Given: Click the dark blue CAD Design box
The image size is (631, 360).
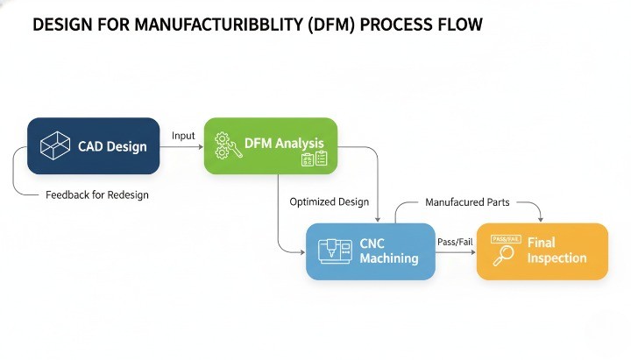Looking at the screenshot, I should (93, 145).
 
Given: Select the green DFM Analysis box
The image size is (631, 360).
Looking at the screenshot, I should (270, 145).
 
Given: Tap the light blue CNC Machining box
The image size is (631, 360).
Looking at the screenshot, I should (370, 251).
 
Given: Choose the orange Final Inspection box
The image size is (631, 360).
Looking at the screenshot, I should (542, 251).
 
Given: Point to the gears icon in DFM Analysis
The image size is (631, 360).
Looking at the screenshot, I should (225, 144).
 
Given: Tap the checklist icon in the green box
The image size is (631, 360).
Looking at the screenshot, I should (313, 159).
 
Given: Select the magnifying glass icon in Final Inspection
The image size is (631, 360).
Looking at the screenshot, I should (503, 255).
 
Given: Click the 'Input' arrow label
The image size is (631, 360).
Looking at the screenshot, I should (183, 136).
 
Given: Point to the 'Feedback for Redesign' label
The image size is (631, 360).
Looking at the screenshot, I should (96, 195).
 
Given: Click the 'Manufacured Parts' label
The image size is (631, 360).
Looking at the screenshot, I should (467, 202).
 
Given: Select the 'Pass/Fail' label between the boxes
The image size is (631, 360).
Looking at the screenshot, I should (455, 241).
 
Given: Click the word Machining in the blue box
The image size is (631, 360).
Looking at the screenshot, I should (388, 258).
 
